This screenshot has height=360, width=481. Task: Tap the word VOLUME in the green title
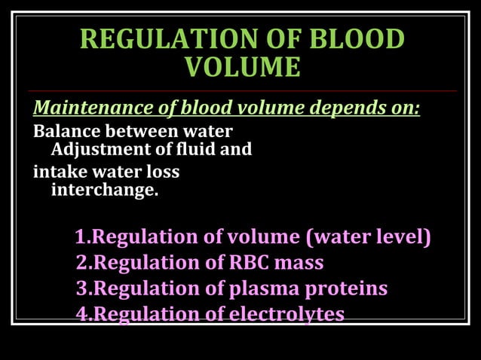tap(243, 68)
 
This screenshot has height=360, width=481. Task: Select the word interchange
tap(104, 190)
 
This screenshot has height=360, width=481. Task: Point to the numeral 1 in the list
tap(81, 237)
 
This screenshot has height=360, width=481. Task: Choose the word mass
tap(300, 263)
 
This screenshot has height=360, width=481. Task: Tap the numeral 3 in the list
tap(81, 288)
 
